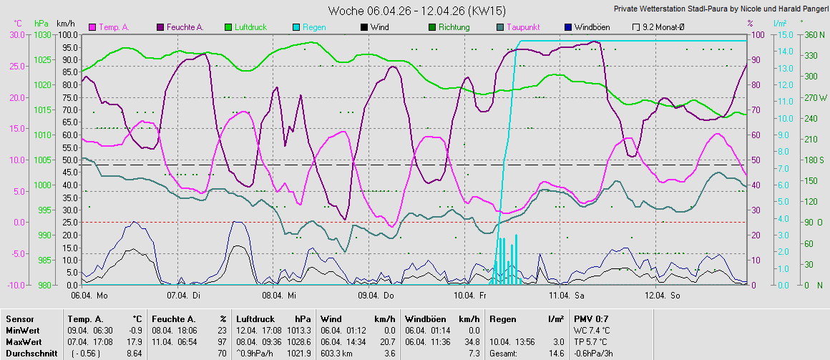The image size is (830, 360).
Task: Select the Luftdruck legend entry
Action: click(245, 26)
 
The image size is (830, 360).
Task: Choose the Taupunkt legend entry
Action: click(517, 26)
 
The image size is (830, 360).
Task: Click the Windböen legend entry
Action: click(588, 26)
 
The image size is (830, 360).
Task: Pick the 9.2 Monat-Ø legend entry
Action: click(658, 26)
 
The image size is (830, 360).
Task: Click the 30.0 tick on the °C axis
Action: click(17, 34)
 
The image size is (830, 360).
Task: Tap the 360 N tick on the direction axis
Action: click(814, 34)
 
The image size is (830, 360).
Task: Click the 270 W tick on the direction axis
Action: click(814, 97)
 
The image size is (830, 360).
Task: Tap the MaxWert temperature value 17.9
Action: click(137, 342)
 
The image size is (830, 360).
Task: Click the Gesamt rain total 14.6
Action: click(557, 353)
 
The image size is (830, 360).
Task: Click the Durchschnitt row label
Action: click(31, 353)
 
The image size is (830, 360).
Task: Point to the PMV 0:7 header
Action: click(591, 319)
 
